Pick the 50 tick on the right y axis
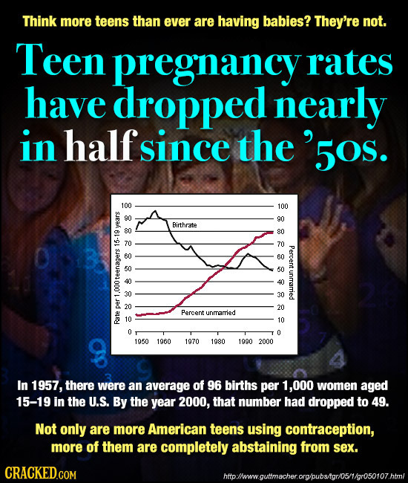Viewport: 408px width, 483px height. pyautogui.click(x=280, y=270)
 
